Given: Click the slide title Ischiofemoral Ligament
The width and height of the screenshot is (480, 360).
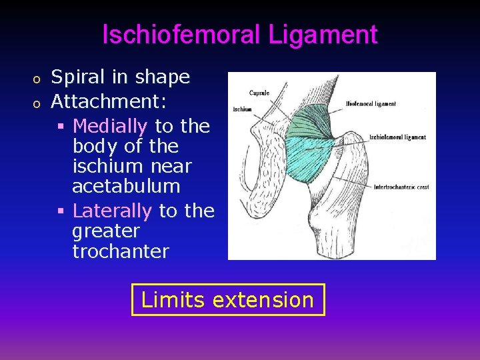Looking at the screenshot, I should tap(240, 34).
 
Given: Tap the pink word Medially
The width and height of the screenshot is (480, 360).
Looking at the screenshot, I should tap(110, 125).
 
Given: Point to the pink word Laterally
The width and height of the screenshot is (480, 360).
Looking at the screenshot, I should tap(112, 211).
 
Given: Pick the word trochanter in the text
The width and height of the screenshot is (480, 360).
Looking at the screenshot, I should tap(121, 251).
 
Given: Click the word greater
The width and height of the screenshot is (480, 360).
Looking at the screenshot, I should tap(106, 231).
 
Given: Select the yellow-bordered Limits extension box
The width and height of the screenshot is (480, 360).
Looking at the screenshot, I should tap(228, 299).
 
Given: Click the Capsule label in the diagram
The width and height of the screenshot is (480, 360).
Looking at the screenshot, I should tap(259, 93).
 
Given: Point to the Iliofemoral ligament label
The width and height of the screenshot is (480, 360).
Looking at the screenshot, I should tap(371, 104).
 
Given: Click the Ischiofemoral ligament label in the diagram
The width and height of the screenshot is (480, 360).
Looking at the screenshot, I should tap(397, 137).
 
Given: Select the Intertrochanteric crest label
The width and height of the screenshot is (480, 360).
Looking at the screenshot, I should tap(400, 187).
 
